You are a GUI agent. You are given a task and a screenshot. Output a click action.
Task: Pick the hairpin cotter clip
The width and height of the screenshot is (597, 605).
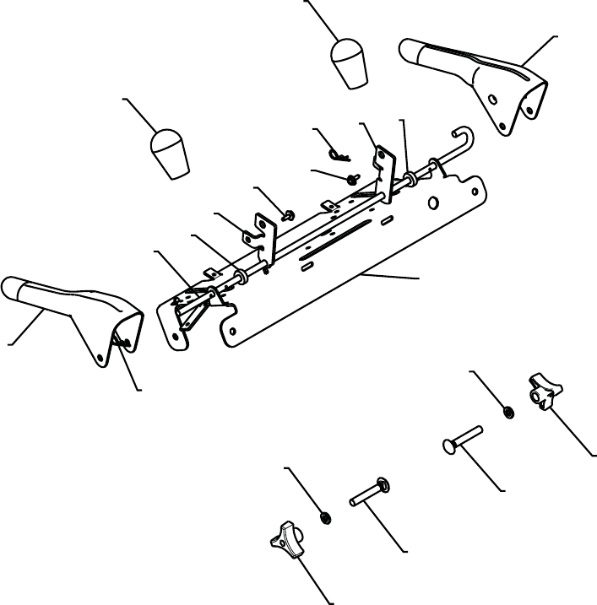339,154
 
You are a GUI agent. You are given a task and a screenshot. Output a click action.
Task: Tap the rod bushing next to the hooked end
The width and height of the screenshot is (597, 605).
412,179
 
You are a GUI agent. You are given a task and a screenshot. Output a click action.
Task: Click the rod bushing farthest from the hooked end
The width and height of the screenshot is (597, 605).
241,274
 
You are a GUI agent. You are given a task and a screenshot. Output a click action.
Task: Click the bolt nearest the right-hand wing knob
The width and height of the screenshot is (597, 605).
461,440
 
